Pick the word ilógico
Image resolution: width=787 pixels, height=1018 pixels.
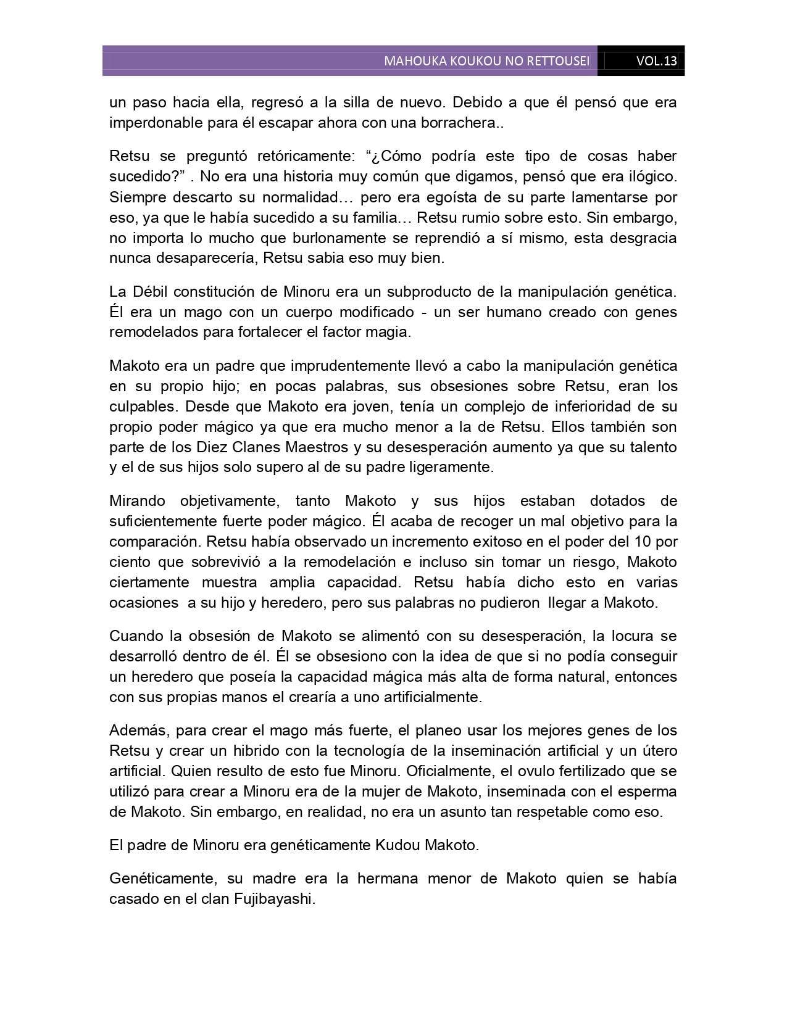point(651,176)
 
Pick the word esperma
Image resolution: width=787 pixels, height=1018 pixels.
point(648,791)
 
